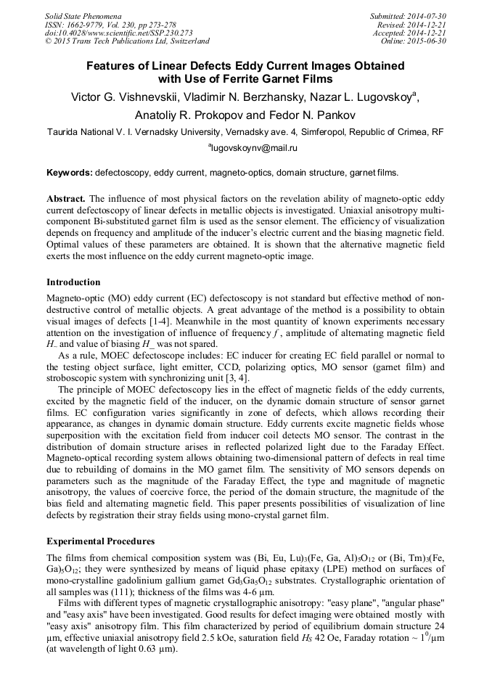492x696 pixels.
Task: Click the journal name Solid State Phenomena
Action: [x=83, y=15]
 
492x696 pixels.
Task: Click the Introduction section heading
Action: [x=73, y=282]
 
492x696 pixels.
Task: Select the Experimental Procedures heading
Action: [x=100, y=541]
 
